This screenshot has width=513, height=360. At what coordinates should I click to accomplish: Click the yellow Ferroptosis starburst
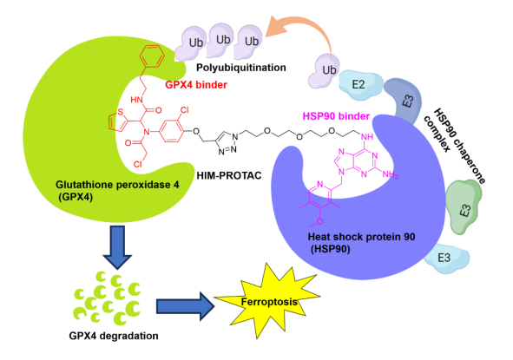[x=267, y=301]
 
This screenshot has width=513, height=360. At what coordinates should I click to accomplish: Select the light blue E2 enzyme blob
[x=360, y=86]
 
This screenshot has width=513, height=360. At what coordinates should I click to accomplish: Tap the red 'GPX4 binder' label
[x=196, y=85]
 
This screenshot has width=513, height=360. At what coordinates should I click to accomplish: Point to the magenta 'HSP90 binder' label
[x=336, y=116]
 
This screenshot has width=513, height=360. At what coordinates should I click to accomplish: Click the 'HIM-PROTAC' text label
[x=229, y=175]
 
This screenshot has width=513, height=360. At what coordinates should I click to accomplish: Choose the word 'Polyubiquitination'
[x=241, y=68]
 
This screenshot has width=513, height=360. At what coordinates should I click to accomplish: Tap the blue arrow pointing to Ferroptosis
[x=185, y=306]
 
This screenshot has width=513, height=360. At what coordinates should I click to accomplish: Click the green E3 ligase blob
[x=464, y=206]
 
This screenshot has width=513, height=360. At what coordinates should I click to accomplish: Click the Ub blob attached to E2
[x=325, y=71]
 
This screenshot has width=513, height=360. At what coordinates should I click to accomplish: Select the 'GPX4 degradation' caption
[x=114, y=336]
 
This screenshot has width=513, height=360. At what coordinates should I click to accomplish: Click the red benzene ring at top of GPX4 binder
[x=152, y=56]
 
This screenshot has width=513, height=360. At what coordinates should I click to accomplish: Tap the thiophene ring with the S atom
[x=117, y=121]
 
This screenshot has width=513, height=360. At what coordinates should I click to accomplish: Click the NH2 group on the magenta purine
[x=391, y=174]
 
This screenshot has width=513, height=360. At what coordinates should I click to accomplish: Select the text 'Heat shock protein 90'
[x=361, y=237]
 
